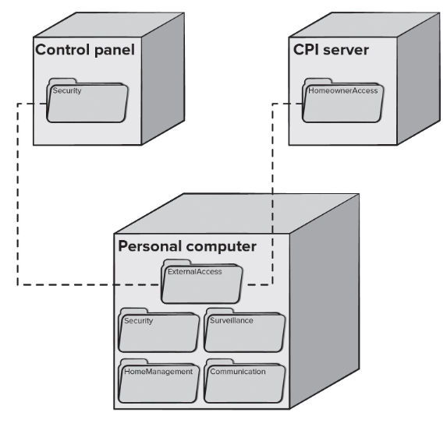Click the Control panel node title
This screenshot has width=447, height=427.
pyautogui.click(x=85, y=50)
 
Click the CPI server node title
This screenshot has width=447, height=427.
pyautogui.click(x=331, y=50)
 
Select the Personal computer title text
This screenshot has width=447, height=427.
pyautogui.click(x=187, y=246)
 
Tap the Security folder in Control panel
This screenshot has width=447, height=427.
pyautogui.click(x=87, y=101)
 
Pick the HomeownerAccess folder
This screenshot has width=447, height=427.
pyautogui.click(x=343, y=101)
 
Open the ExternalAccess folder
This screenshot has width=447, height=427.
pyautogui.click(x=202, y=281)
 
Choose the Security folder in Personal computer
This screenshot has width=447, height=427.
pyautogui.click(x=159, y=330)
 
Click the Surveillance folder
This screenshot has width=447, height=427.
pyautogui.click(x=245, y=330)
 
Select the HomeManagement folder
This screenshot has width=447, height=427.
pyautogui.click(x=159, y=381)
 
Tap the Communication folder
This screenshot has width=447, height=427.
pyautogui.click(x=245, y=381)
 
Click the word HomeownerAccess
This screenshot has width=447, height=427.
pyautogui.click(x=343, y=91)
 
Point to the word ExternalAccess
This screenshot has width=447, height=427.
pyautogui.click(x=195, y=272)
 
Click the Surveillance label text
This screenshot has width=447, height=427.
pyautogui.click(x=232, y=320)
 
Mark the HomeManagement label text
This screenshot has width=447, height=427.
pyautogui.click(x=158, y=372)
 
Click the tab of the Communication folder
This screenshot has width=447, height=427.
pyautogui.click(x=219, y=362)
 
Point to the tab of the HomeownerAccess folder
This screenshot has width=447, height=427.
pyautogui.click(x=318, y=81)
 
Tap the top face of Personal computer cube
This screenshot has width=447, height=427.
pyautogui.click(x=236, y=213)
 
